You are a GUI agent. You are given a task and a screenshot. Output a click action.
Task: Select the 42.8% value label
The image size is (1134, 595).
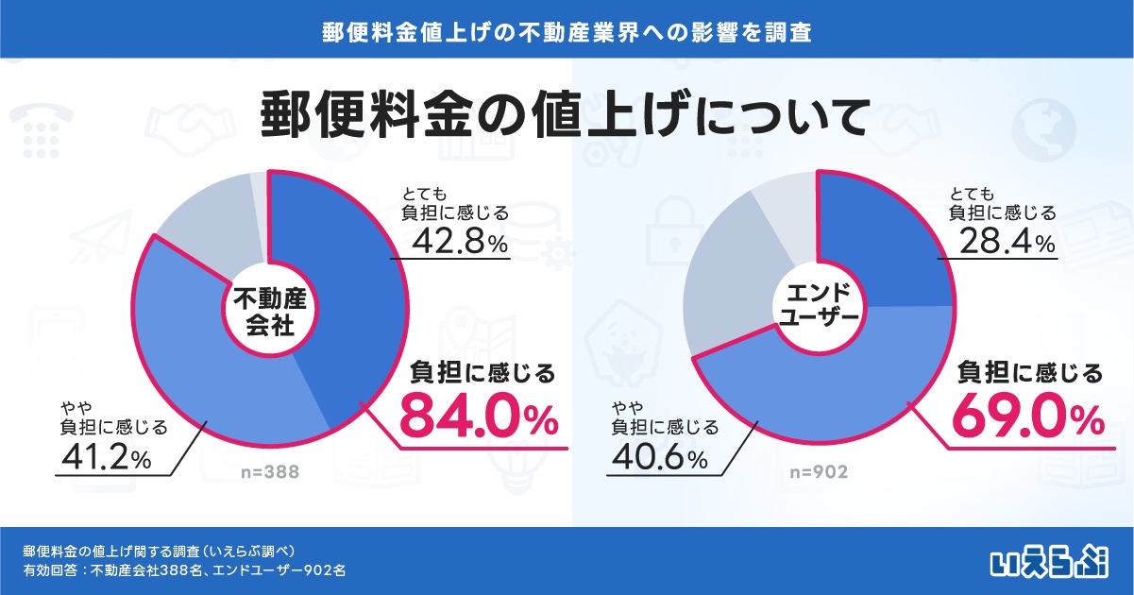(x=460, y=243)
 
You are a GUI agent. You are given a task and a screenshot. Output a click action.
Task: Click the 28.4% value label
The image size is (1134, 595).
(x=1006, y=243)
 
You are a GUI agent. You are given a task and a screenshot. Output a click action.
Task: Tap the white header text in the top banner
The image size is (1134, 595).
(x=567, y=30)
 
